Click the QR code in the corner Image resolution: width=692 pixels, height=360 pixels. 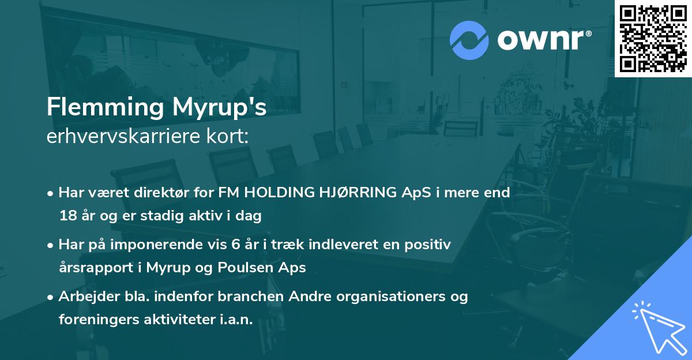pos(653,38)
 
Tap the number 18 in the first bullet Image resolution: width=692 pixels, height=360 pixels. pos(67,216)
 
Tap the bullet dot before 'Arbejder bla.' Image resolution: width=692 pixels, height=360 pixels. pos(51,297)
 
